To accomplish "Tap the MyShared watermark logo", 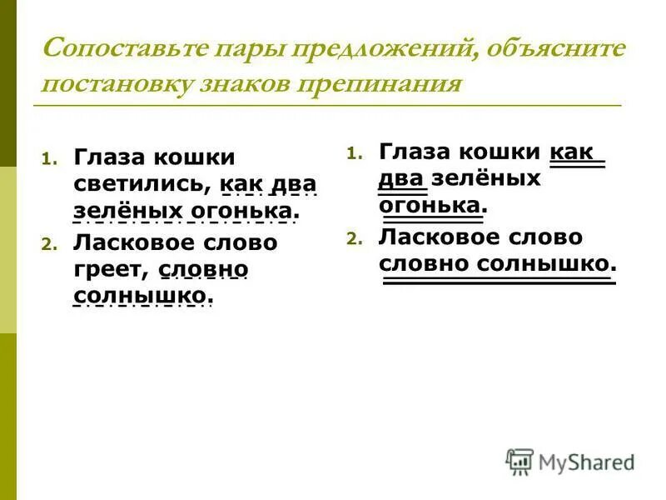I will click(x=571, y=461).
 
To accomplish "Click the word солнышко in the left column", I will click(x=139, y=296).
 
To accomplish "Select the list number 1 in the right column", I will click(x=353, y=153).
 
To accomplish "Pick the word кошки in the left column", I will click(x=200, y=157).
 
